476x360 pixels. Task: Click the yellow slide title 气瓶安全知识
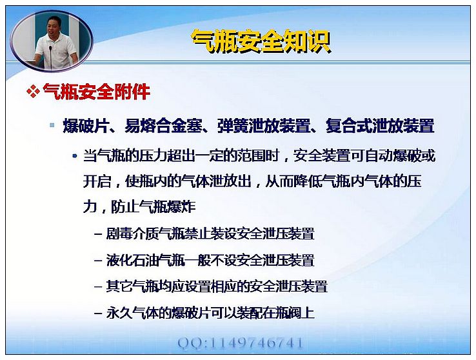coord(261,42)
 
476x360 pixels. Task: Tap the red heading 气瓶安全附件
coord(97,92)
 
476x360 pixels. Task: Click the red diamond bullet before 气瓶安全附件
coord(33,92)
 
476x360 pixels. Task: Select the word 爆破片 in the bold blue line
coord(85,126)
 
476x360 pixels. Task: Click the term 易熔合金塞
coord(163,126)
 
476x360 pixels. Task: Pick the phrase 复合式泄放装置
coord(380,126)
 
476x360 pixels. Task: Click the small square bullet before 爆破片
coord(52,125)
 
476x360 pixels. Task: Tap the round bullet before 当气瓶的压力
coord(75,156)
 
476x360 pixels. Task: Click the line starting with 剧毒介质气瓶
coord(210,234)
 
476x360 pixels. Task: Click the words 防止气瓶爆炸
coord(154,207)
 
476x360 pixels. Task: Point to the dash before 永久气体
coord(98,314)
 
